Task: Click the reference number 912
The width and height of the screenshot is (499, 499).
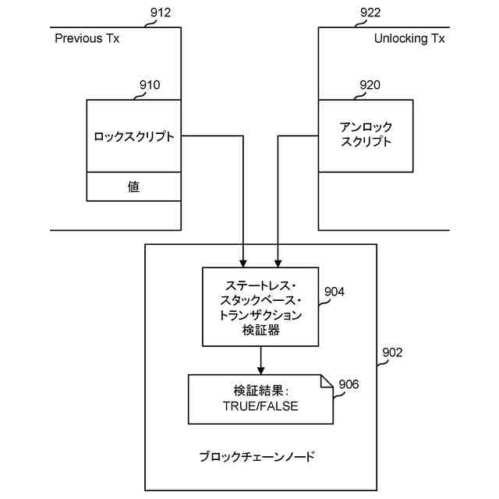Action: [158, 12]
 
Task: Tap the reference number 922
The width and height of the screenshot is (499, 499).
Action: [373, 12]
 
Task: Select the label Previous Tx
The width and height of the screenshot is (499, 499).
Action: [87, 38]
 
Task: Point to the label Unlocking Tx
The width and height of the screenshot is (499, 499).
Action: [409, 38]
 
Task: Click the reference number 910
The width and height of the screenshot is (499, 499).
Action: [150, 85]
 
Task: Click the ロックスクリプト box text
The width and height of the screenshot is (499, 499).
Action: [133, 136]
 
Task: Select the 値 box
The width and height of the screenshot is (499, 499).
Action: [133, 186]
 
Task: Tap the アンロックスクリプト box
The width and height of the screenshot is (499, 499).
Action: [366, 134]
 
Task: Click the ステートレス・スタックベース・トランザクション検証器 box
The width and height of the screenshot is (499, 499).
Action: [260, 307]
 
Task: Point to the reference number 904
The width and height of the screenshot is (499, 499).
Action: [334, 292]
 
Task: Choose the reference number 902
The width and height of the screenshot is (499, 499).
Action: [392, 352]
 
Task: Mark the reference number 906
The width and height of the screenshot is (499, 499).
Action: [349, 384]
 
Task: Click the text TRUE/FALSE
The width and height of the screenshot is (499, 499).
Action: [260, 407]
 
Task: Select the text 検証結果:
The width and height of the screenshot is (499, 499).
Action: [260, 390]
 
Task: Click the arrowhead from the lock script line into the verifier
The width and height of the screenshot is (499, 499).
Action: [243, 261]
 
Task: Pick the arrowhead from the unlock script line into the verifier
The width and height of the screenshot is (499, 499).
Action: [279, 261]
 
